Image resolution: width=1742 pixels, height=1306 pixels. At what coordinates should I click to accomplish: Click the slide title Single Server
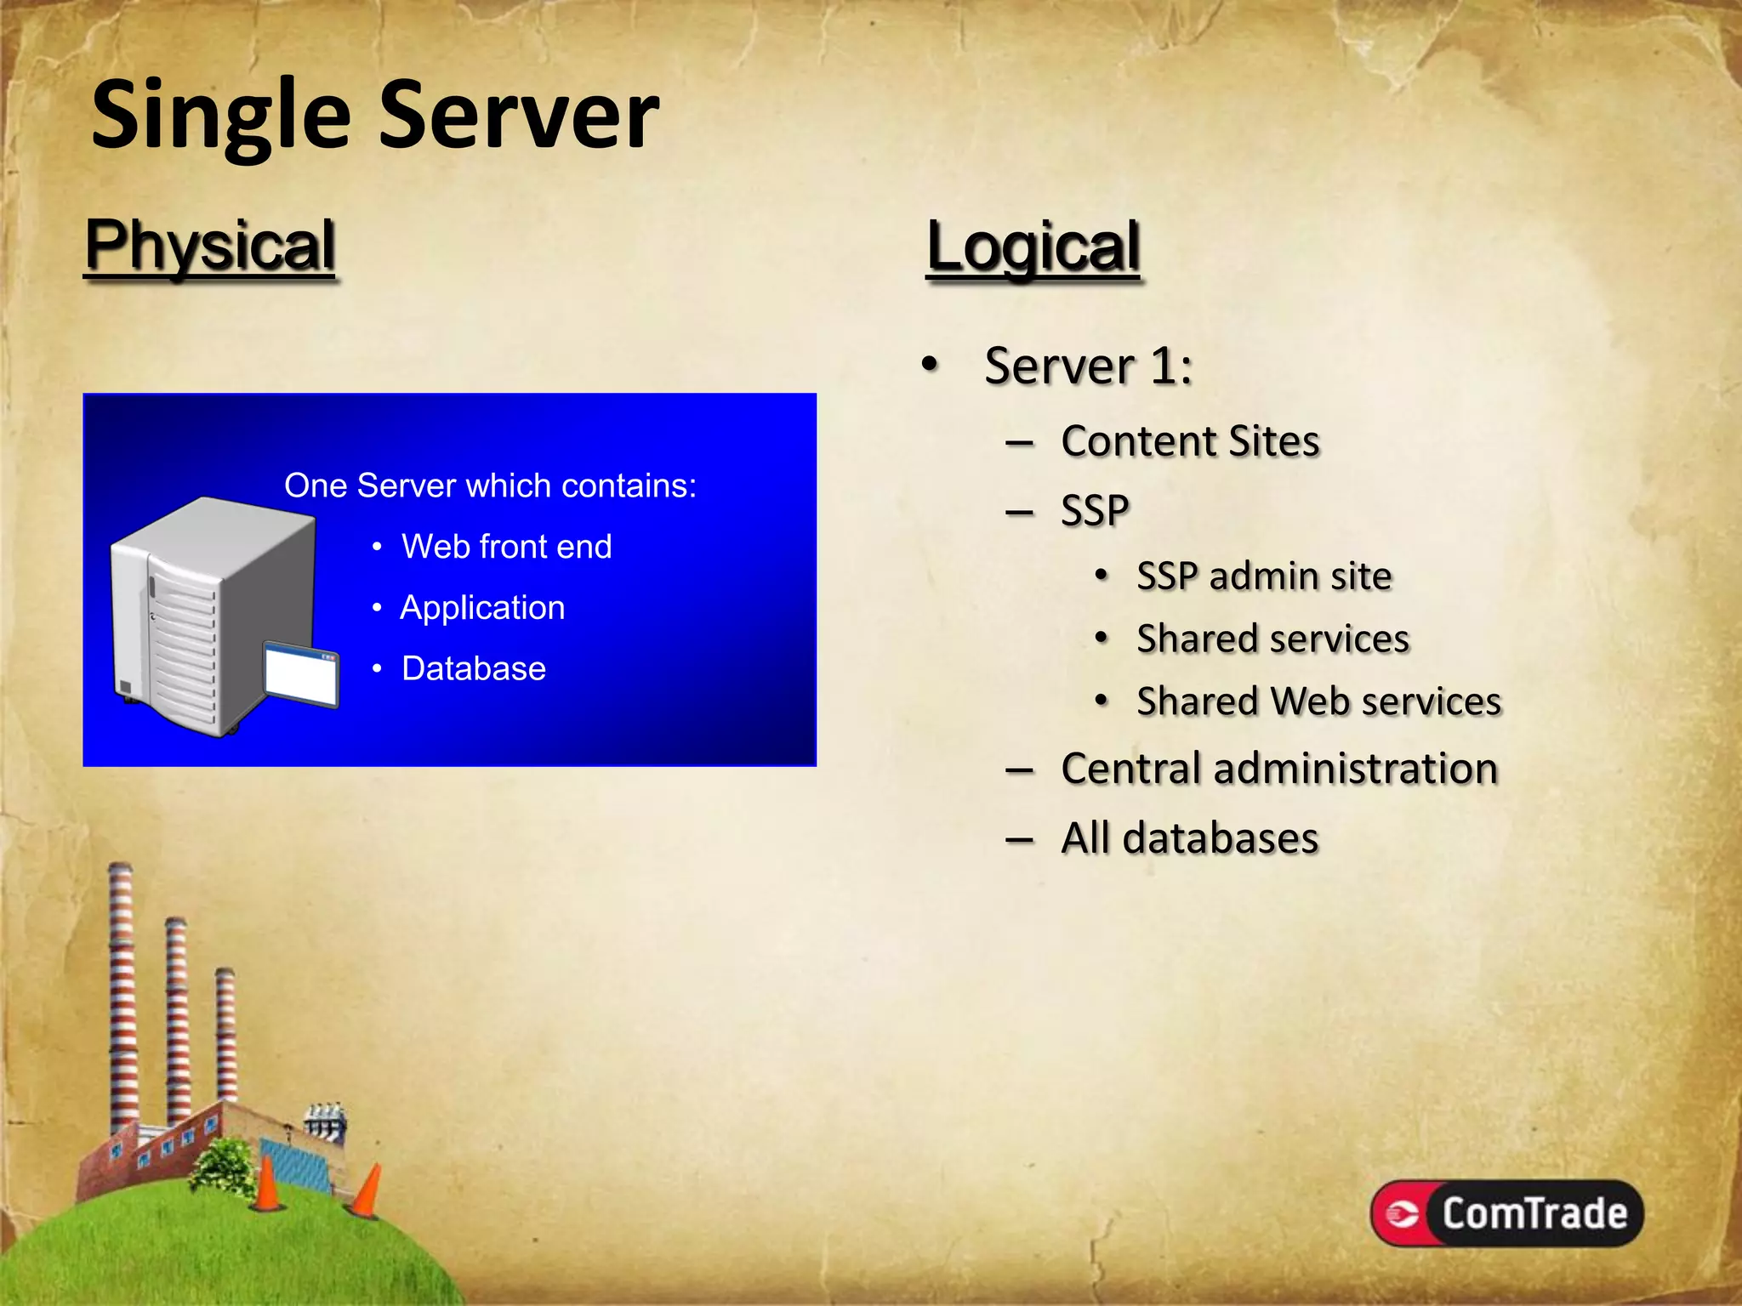pos(374,115)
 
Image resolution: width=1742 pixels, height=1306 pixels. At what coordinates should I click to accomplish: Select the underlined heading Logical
pos(1033,247)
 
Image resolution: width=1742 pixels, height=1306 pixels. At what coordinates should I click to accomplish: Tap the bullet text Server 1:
pos(1088,366)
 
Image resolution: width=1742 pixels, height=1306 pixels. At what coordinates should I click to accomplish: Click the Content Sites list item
pos(1189,441)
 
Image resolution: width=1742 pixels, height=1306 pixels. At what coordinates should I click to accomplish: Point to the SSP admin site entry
pos(1264,576)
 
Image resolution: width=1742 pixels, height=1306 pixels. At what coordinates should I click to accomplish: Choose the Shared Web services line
pos(1318,701)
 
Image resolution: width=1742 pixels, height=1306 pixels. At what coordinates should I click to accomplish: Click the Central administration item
pos(1278,769)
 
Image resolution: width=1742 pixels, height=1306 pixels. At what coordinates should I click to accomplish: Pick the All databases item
pos(1189,838)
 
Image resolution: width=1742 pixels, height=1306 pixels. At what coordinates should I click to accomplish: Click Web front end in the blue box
pos(506,546)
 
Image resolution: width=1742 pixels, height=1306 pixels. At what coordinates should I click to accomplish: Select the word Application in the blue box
pos(482,607)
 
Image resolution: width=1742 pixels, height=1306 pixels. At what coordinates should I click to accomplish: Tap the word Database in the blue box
pos(473,668)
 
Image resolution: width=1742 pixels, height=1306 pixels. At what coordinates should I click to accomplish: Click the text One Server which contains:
pos(490,485)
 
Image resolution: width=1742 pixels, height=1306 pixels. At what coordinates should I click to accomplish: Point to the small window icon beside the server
pos(301,674)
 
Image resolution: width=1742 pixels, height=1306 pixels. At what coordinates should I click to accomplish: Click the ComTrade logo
pos(1506,1213)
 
